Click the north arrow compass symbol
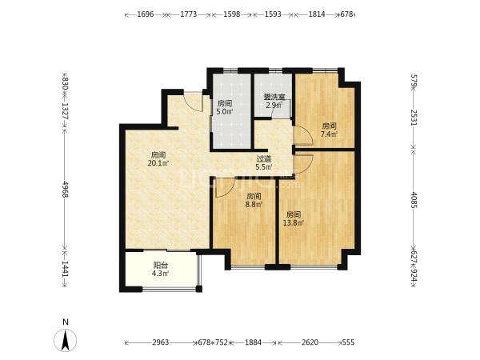pos(65,339)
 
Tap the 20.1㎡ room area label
pos(158,159)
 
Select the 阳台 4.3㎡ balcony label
pos(161,270)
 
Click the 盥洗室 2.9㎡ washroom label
pos(274,102)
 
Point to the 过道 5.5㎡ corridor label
pos(263,163)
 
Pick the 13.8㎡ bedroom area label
pos(294,218)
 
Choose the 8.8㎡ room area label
pos(254,200)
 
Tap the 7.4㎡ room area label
pos(329,130)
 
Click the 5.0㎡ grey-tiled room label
pos(224,107)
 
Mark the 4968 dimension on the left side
pos(65,189)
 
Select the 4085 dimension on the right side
pos(414,200)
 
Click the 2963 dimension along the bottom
pos(161,342)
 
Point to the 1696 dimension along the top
pos(145,14)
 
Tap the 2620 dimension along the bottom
pos(310,342)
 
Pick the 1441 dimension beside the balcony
pos(65,269)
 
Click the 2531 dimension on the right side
pos(414,118)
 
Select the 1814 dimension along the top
pos(317,14)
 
